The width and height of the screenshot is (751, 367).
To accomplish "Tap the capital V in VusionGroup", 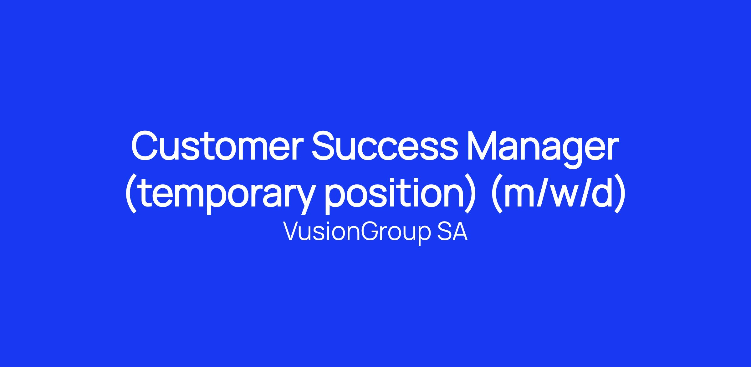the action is coord(292,232).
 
